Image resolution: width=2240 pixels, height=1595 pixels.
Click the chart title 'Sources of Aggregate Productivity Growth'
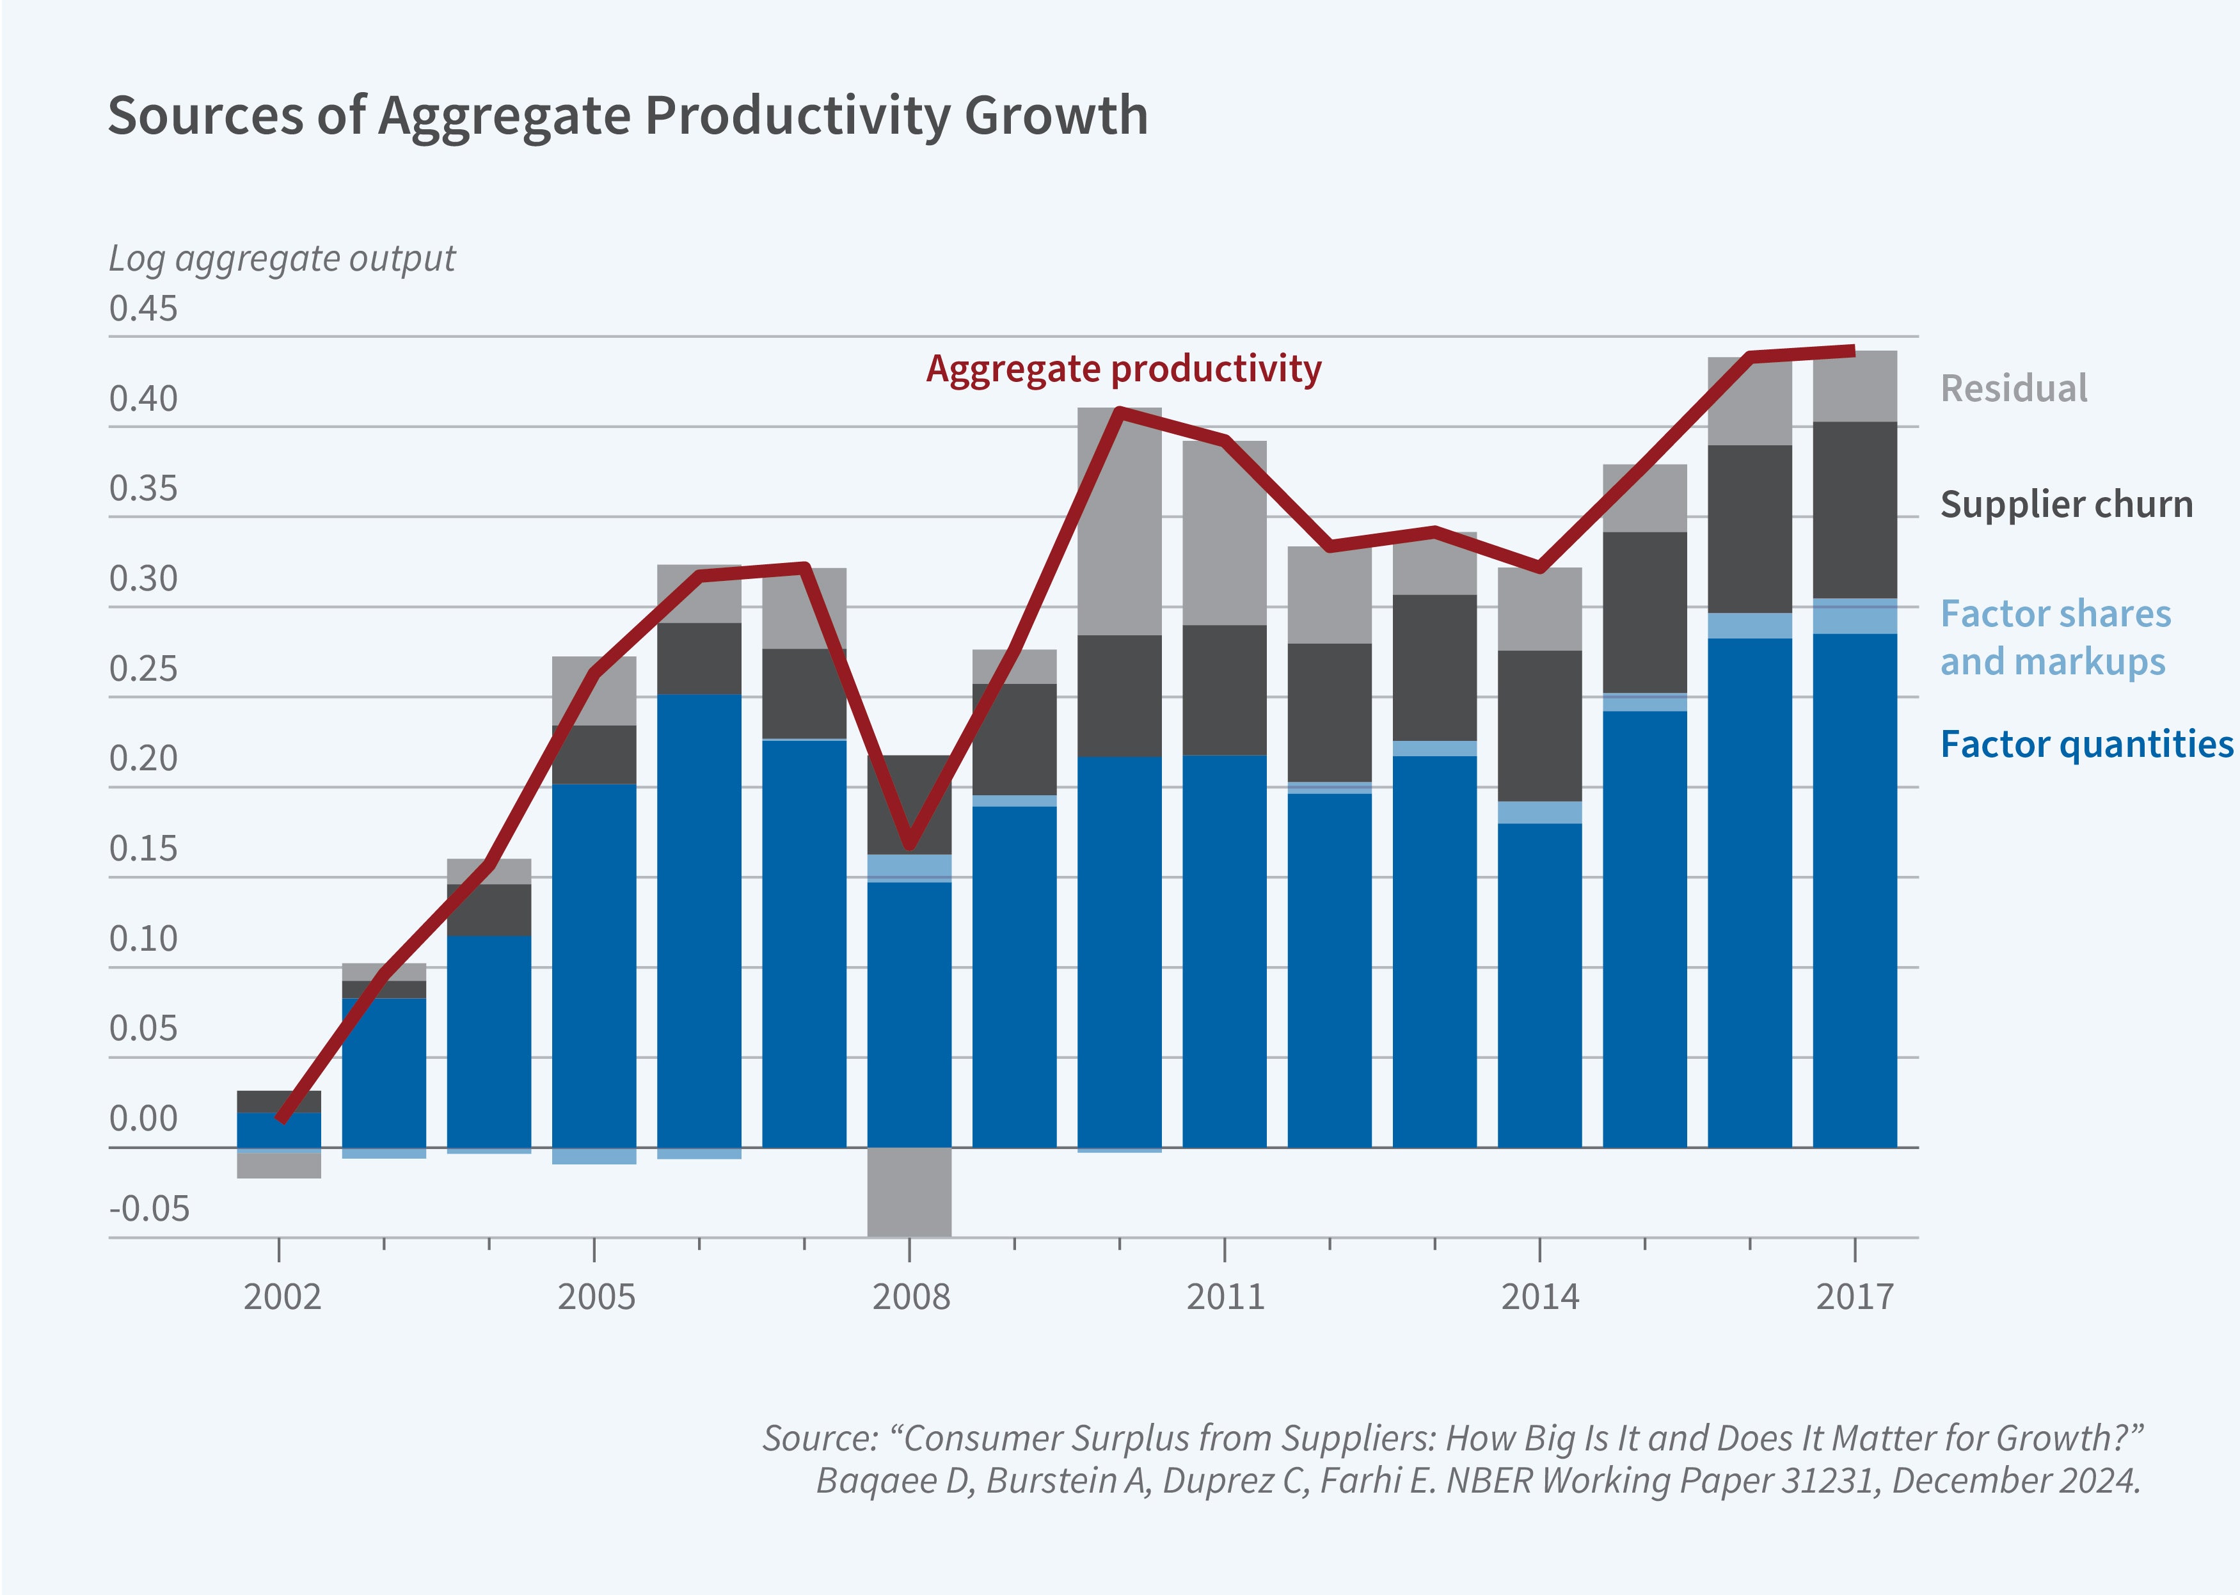(628, 116)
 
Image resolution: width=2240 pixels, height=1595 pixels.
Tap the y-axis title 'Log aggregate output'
(282, 258)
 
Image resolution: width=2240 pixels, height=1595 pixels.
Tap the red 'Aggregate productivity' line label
(1124, 369)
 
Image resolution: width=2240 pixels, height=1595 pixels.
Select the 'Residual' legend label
(2013, 389)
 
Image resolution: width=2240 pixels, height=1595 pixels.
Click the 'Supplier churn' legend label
(2066, 505)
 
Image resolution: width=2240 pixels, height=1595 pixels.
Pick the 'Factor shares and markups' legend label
(2054, 637)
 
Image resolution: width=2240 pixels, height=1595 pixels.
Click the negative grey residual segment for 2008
(909, 1191)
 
